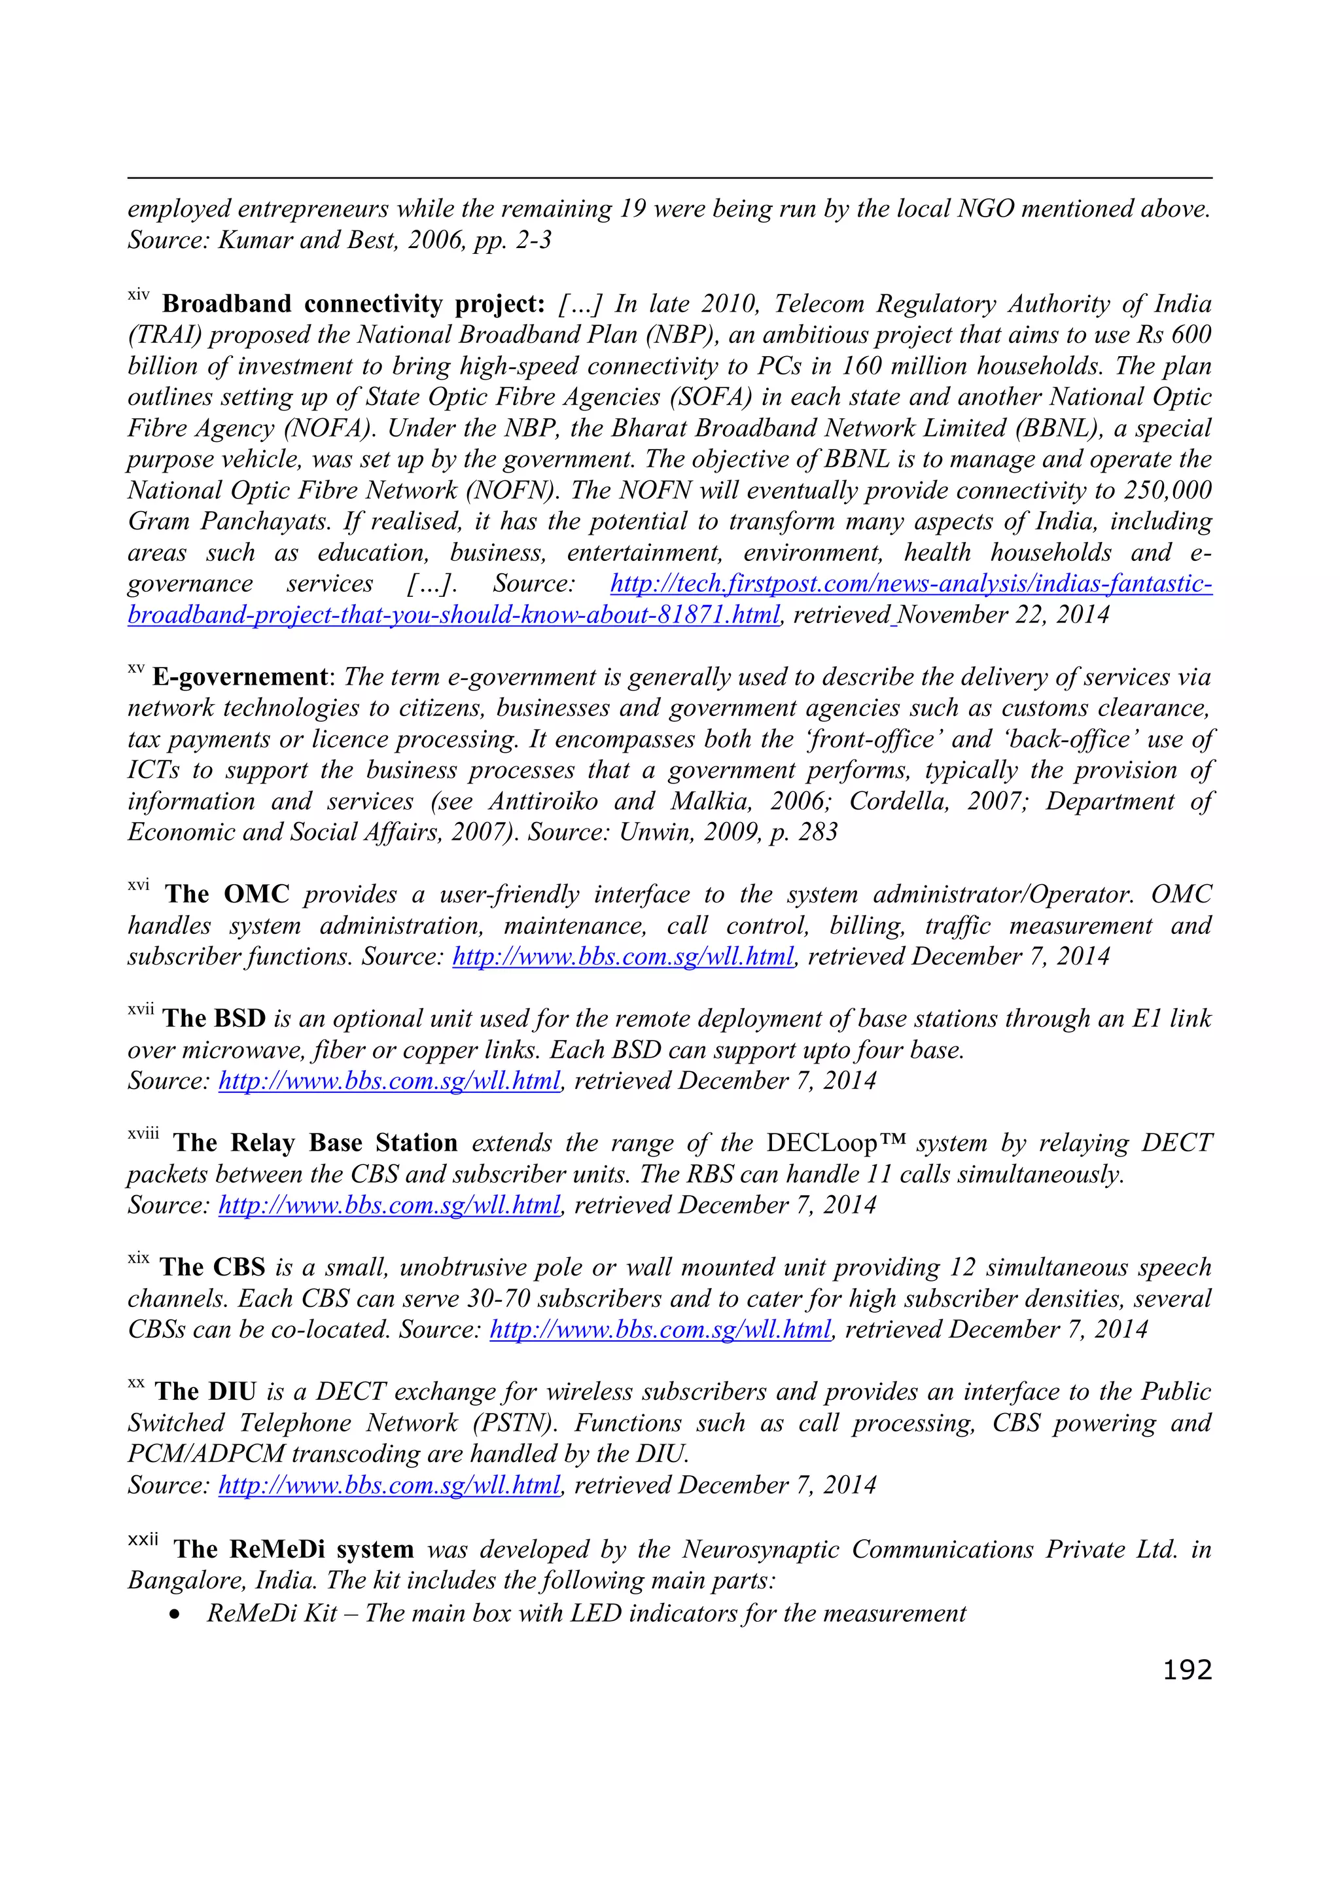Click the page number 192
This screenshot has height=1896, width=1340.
point(1186,1670)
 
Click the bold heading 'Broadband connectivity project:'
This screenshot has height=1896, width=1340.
point(353,304)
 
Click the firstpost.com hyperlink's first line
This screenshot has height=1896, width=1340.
point(911,584)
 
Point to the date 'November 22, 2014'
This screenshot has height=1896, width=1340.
point(1003,615)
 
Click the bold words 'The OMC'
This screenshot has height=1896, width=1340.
point(227,893)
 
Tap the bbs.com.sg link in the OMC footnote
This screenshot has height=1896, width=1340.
point(624,956)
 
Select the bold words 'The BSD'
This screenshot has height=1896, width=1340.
point(214,1018)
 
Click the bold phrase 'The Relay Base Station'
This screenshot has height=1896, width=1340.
point(315,1143)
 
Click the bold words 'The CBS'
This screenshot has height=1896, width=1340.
point(212,1267)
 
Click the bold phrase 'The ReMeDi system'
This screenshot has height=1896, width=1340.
point(293,1549)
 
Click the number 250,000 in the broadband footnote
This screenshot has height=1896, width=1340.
point(1167,490)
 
